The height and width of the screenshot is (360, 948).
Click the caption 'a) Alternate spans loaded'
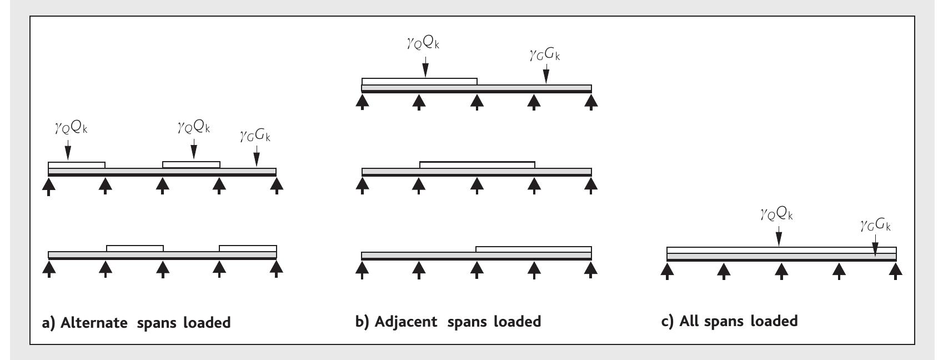coord(137,322)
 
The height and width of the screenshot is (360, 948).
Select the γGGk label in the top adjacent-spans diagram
coord(546,54)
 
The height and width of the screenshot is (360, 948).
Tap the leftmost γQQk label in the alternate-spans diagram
coord(67,129)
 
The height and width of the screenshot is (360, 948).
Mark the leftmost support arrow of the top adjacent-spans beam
coord(362,102)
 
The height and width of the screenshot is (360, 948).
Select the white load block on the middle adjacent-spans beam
coord(477,164)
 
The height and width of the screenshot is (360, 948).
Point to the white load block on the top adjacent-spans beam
coord(419,82)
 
